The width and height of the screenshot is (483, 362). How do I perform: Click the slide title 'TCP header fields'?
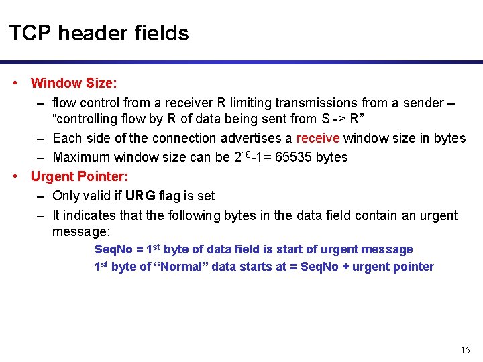point(99,33)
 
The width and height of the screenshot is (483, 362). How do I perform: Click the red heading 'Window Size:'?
point(74,84)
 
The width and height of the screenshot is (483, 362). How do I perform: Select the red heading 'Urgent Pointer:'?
point(79,177)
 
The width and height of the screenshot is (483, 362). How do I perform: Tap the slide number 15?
point(466,350)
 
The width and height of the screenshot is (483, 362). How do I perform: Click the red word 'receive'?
point(319,139)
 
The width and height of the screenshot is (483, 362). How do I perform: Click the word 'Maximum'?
point(82,158)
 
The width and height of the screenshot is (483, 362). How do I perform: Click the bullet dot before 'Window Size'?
point(15,84)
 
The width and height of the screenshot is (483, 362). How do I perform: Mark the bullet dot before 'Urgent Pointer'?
point(15,177)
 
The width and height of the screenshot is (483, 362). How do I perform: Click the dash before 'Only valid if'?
point(41,196)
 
